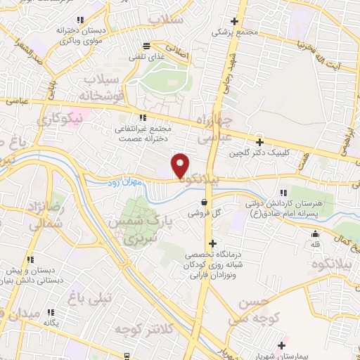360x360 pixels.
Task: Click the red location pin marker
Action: point(181,166)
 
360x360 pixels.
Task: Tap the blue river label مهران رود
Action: point(128,183)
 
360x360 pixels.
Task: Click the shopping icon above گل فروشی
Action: point(203,202)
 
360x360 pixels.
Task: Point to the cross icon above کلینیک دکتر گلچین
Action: point(260,142)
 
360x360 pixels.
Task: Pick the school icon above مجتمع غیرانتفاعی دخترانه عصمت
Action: point(143,117)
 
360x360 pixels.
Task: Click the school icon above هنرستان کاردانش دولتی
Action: point(284,192)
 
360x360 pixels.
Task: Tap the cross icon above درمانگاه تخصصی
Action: point(212,243)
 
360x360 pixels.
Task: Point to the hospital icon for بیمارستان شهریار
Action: point(283,346)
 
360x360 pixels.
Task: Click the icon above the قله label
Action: point(316,233)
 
